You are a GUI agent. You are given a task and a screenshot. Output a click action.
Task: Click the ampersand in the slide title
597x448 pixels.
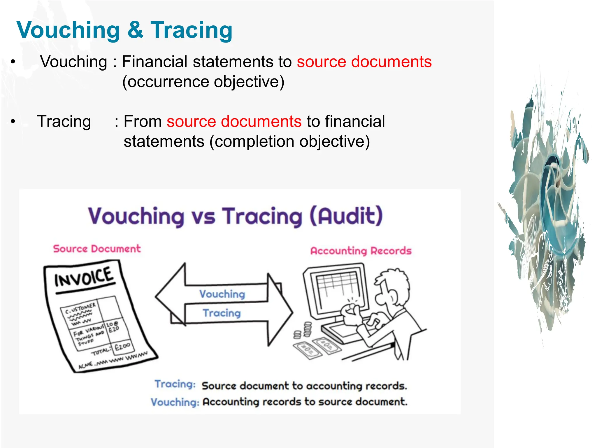click(135, 30)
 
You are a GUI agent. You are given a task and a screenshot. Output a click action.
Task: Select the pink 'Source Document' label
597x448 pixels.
click(97, 249)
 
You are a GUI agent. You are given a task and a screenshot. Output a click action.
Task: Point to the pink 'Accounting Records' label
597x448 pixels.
click(361, 251)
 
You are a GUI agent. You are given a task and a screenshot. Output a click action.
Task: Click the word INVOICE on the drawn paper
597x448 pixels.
click(84, 277)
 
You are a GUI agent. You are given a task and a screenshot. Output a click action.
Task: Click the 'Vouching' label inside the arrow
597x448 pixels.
click(222, 294)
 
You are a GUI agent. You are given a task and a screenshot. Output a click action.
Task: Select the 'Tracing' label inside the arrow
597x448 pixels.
click(222, 313)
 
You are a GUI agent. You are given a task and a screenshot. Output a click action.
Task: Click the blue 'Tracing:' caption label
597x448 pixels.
click(175, 384)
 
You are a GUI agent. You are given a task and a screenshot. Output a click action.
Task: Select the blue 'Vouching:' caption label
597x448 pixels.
click(175, 402)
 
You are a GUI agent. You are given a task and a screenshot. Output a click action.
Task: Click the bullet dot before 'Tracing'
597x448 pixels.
click(13, 121)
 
